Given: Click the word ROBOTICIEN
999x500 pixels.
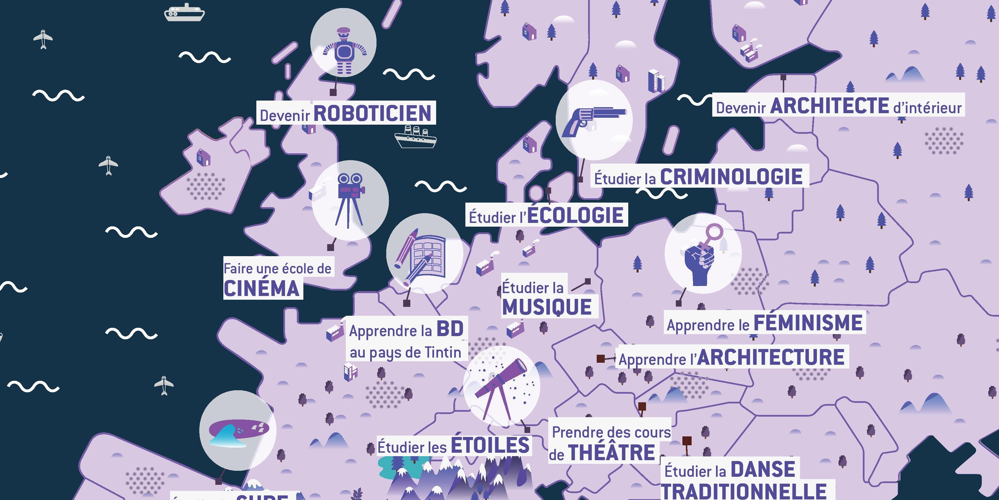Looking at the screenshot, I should click(372, 113).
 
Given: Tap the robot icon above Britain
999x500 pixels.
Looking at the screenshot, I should click(343, 50).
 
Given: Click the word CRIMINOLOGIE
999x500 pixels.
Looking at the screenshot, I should click(731, 177).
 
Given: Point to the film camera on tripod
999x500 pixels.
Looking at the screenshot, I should click(350, 200).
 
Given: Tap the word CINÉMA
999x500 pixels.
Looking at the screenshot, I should click(262, 289).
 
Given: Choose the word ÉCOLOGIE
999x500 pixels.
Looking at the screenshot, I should click(575, 215).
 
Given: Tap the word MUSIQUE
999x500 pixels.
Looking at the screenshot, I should click(547, 307).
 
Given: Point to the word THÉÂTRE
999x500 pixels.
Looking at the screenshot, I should click(612, 453).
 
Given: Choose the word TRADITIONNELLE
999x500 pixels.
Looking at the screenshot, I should click(744, 491).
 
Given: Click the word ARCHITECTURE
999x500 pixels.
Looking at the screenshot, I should click(771, 357).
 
